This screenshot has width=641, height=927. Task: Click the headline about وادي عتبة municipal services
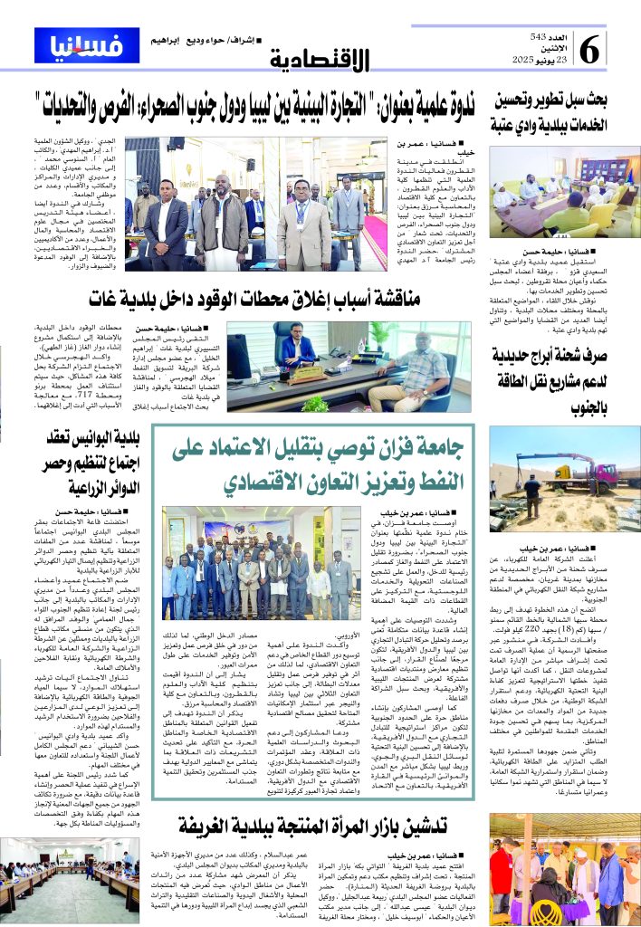coord(555,111)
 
